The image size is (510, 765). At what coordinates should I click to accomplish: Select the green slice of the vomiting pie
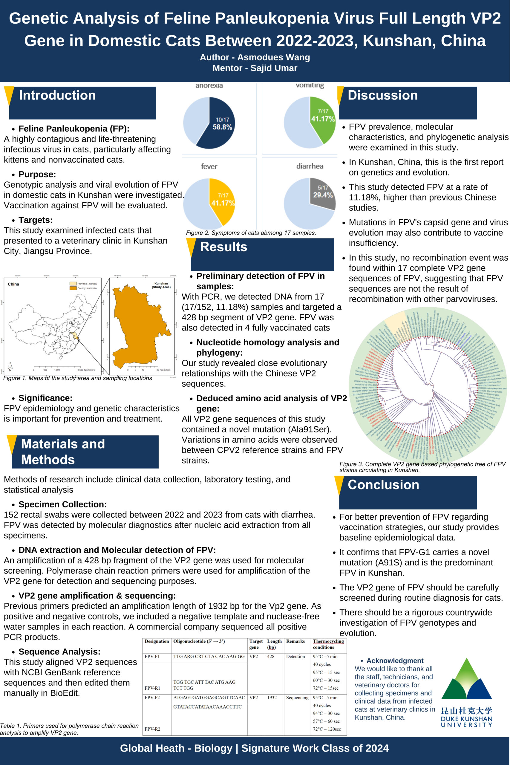(x=322, y=117)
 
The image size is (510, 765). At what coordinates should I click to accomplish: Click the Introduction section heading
(x=57, y=95)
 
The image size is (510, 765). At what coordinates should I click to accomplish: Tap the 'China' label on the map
(x=13, y=284)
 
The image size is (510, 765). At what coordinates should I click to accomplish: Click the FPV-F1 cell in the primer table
(x=152, y=656)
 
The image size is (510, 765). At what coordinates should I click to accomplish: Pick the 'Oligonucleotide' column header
(x=199, y=641)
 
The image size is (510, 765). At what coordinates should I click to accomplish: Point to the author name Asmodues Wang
(x=273, y=57)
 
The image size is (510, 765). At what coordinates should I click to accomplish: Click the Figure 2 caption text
(x=251, y=232)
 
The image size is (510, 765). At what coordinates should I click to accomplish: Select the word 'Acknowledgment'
(x=395, y=661)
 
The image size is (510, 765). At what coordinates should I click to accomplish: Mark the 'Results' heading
(x=223, y=247)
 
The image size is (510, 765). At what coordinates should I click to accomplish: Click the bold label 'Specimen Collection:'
(x=62, y=504)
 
